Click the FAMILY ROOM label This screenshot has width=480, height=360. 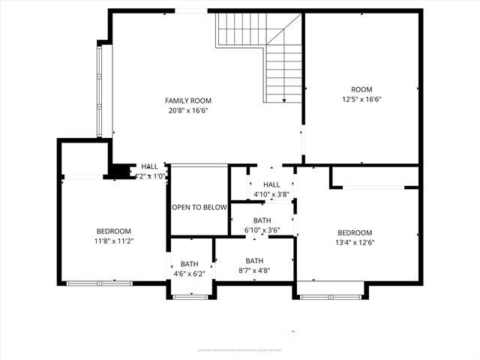point(188,100)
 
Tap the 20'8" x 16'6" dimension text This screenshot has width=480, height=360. point(188,110)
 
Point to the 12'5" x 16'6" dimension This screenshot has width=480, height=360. point(362,99)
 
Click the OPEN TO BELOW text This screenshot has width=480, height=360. point(199,208)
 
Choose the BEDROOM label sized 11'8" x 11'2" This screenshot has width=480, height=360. point(114,231)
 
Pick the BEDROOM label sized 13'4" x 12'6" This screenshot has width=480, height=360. point(354,232)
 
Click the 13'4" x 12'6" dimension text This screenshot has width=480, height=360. point(354,242)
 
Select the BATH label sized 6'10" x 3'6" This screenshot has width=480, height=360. point(262,220)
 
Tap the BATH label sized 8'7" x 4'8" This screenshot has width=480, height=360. point(254,261)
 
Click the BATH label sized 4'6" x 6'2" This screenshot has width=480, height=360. point(189,264)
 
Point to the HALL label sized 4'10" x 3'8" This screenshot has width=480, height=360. point(271,184)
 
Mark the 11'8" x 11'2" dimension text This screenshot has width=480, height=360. point(114,241)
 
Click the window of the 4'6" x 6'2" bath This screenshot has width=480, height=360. point(190,297)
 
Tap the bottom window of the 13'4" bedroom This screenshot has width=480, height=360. point(331,297)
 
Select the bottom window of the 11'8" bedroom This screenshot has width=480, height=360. point(100,283)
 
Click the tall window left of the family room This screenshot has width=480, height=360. point(100,91)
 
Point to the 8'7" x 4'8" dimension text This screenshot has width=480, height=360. point(254,271)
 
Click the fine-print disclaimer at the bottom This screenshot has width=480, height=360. point(240,349)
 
